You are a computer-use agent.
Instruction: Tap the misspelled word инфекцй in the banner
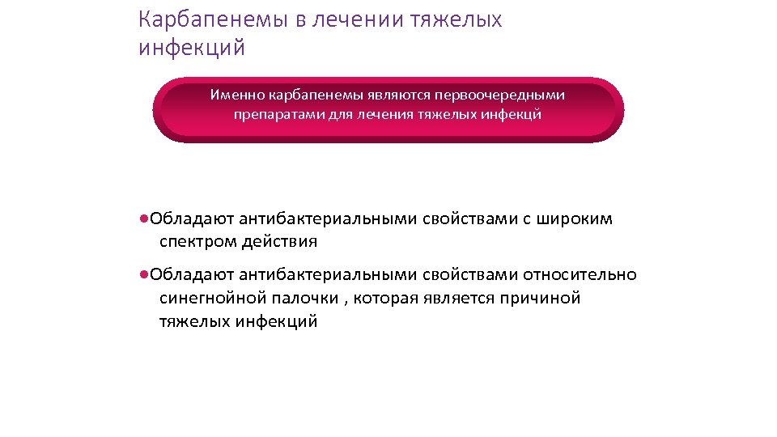point(512,114)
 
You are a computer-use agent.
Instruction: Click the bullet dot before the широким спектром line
point(142,218)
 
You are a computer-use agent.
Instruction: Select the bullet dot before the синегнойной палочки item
point(142,274)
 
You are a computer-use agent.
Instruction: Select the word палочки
point(311,298)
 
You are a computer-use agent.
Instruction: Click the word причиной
point(541,298)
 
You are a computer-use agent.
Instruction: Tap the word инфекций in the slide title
point(191,49)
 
